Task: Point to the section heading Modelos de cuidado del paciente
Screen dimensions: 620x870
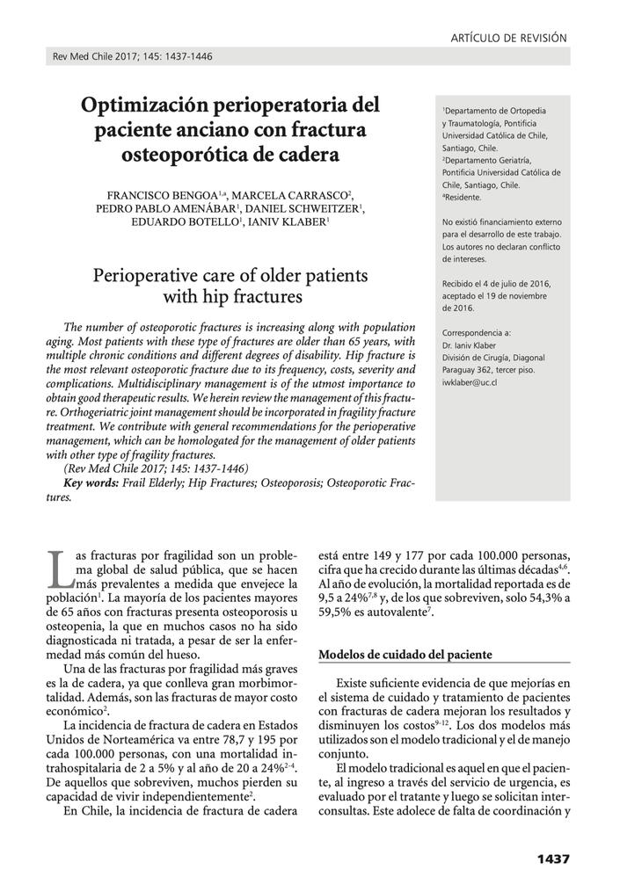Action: (x=405, y=655)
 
